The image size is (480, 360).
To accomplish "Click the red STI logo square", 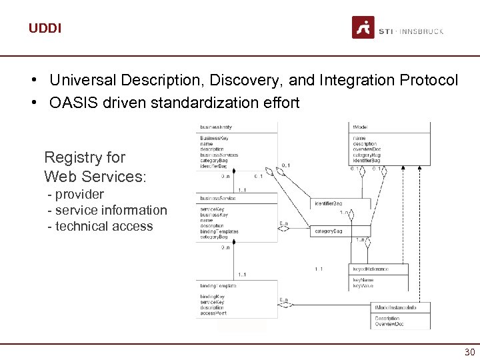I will (x=363, y=27).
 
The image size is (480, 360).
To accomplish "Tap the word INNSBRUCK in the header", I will (x=421, y=31).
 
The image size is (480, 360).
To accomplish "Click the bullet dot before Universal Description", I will (x=33, y=81).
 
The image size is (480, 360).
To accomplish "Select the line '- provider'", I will (x=75, y=194).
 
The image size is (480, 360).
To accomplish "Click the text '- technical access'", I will (x=100, y=226).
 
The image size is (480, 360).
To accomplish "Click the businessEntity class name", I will (x=217, y=127).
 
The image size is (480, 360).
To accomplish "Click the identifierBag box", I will (x=328, y=203).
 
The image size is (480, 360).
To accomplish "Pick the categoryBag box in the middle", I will (x=328, y=231).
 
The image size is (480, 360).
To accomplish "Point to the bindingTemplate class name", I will (x=218, y=285).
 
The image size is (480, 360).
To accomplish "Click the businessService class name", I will (x=218, y=199).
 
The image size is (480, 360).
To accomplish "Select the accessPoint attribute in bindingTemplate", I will (x=213, y=313).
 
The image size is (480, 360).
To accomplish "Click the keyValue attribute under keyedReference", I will (x=363, y=285).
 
